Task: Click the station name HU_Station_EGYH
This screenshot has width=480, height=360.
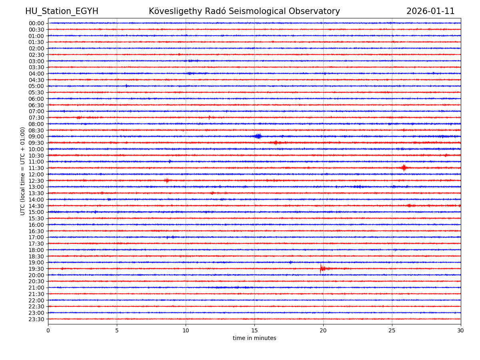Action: point(62,11)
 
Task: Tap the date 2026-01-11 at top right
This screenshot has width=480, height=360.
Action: point(430,11)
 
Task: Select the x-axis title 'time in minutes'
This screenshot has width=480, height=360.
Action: point(254,338)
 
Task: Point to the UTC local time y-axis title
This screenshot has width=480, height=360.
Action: point(23,171)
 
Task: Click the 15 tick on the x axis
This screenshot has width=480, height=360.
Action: point(254,330)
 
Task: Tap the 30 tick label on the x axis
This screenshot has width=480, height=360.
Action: point(461,330)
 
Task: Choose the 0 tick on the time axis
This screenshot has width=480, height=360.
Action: point(48,330)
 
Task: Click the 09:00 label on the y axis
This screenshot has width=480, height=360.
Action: point(36,136)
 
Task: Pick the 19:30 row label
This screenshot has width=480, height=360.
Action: point(36,269)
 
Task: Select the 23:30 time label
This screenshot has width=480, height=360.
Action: point(36,319)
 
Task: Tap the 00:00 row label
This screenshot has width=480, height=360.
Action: point(36,23)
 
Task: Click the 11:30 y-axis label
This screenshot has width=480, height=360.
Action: point(36,168)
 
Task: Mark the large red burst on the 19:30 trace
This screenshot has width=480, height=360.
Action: point(322,268)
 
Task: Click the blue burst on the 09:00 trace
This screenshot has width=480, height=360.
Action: point(258,136)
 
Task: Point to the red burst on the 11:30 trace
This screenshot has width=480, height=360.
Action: point(404,168)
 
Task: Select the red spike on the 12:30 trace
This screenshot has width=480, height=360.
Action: point(166,180)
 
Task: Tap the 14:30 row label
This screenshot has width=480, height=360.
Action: point(36,206)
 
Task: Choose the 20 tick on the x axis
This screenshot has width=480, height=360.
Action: point(323,330)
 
